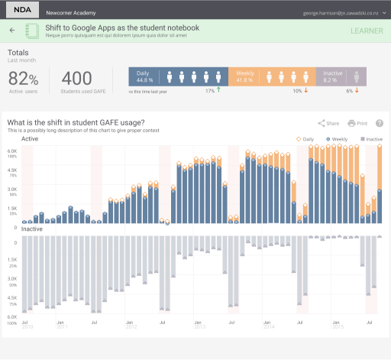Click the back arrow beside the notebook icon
coord(12,31)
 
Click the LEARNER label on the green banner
coord(367,31)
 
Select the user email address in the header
coord(341,13)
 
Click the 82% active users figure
coord(23,79)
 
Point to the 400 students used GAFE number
coord(76,79)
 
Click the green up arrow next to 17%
coord(219,90)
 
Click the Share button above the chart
coord(328,123)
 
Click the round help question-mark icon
coord(380,123)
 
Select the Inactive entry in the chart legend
coord(370,139)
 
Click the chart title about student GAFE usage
coord(75,123)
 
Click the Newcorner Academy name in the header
coord(69,13)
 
